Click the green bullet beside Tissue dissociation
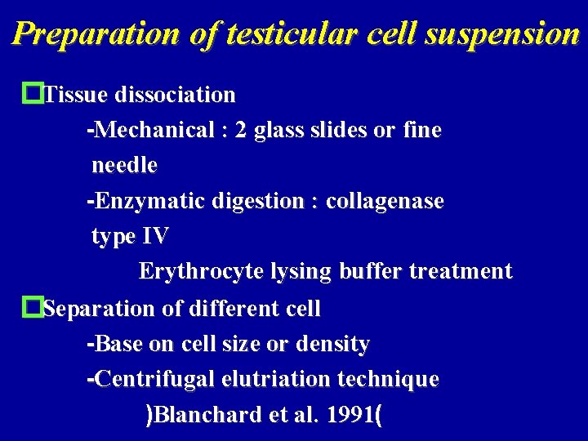click(x=33, y=94)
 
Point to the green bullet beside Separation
click(x=33, y=308)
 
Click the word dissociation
click(x=176, y=95)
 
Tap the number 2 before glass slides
click(x=240, y=131)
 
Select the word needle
click(x=124, y=166)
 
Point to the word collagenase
click(x=385, y=201)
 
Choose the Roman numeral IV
click(x=155, y=237)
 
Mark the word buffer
click(x=380, y=272)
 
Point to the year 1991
click(x=349, y=416)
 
